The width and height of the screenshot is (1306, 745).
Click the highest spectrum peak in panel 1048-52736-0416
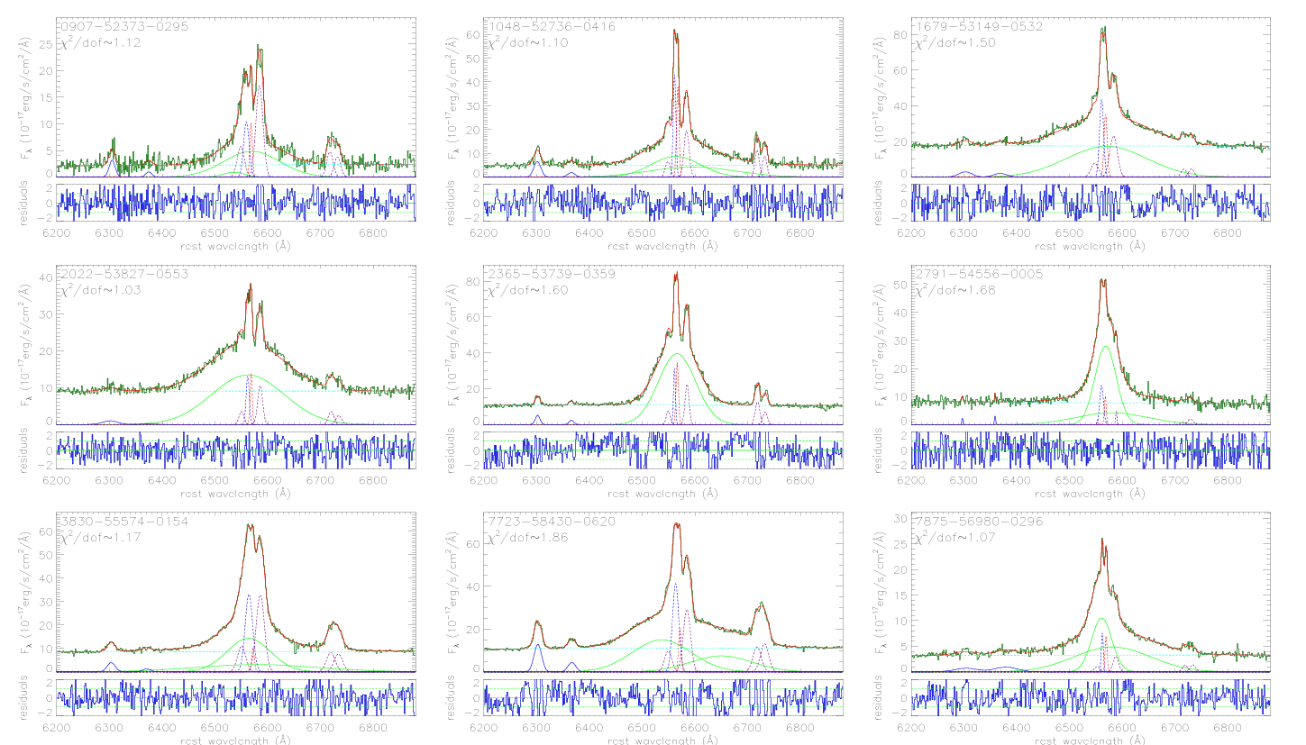coord(674,31)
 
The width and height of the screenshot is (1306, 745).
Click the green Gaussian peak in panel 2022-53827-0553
coord(248,375)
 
